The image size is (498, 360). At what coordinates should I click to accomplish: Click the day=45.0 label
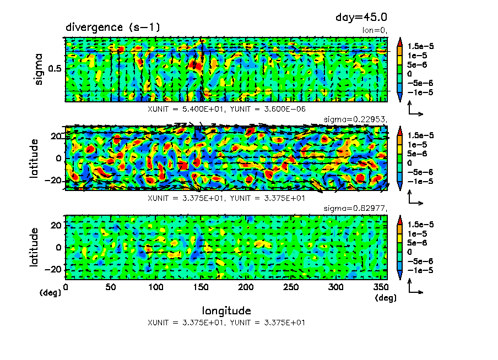[x=358, y=18]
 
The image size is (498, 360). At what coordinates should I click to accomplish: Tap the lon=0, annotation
[x=375, y=30]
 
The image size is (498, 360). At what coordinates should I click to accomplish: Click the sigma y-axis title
[x=39, y=69]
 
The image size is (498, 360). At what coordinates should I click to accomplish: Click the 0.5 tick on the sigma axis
[x=56, y=69]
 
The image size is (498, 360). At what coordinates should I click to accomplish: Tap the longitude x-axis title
[x=226, y=310]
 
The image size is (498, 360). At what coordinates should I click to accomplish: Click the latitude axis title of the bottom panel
[x=34, y=247]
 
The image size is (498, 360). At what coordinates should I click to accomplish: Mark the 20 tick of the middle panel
[x=57, y=136]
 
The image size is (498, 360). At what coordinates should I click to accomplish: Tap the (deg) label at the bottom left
[x=50, y=293]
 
